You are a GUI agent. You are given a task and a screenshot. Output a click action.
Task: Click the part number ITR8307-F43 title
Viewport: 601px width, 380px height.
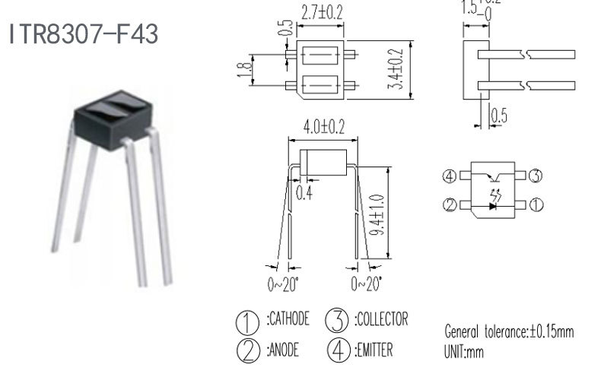(84, 34)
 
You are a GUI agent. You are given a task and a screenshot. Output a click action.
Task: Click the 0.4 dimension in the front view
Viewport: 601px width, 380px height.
(304, 192)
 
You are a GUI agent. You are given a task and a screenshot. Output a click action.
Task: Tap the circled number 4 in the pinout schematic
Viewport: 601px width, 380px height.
(450, 177)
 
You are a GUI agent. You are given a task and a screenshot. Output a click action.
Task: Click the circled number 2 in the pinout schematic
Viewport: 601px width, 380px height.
(450, 205)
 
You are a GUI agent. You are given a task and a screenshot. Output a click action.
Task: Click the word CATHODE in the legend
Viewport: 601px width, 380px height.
(289, 319)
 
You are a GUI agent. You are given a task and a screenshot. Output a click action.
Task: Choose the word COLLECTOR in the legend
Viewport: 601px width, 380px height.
(381, 319)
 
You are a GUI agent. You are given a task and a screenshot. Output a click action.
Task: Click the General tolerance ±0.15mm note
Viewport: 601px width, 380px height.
(509, 332)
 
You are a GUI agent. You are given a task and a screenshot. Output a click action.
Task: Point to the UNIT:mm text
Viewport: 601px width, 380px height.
(463, 353)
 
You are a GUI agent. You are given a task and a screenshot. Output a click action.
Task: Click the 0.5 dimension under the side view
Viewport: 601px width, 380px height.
(499, 116)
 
